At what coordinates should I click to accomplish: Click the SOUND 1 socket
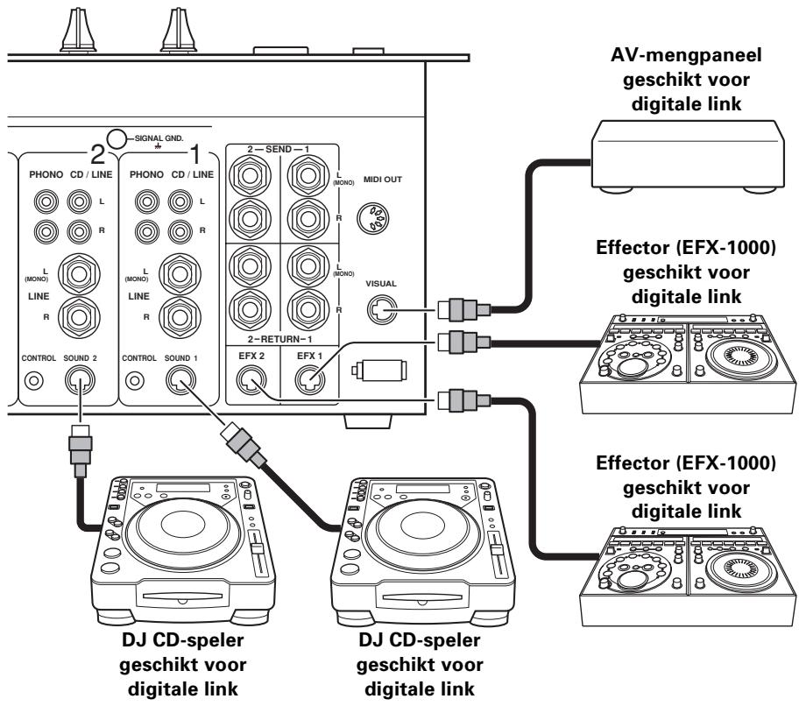tap(181, 379)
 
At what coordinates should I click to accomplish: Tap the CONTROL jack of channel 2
tap(32, 381)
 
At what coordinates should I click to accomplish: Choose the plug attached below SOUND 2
tap(78, 446)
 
